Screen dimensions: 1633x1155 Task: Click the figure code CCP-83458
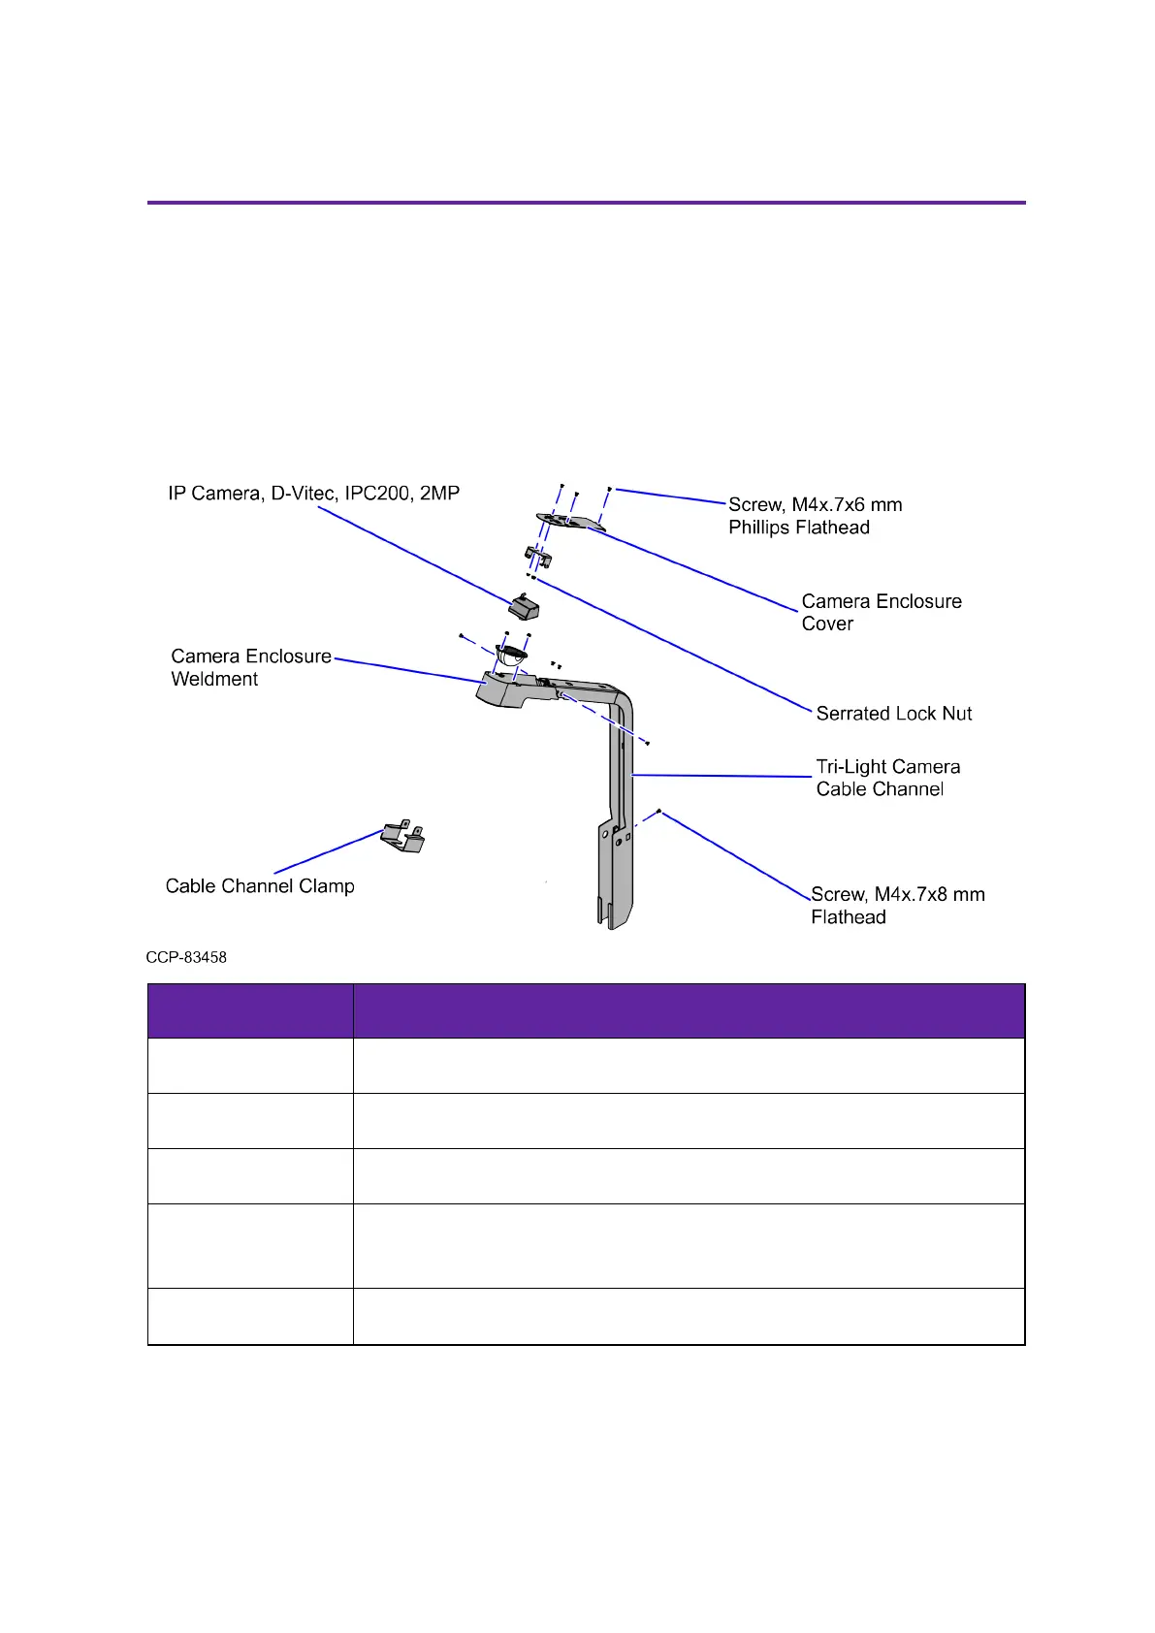pyautogui.click(x=186, y=957)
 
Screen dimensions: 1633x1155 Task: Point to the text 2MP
pyautogui.click(x=439, y=494)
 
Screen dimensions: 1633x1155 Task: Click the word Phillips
pyautogui.click(x=761, y=528)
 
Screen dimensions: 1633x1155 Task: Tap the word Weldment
pyautogui.click(x=214, y=680)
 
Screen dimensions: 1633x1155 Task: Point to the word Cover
pyautogui.click(x=827, y=624)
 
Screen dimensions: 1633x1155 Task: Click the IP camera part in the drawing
pyautogui.click(x=525, y=608)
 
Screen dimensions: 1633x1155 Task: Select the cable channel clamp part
pyautogui.click(x=403, y=837)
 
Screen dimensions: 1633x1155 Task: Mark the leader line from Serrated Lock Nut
pyautogui.click(x=669, y=644)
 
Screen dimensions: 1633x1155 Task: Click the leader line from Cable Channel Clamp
pyautogui.click(x=330, y=851)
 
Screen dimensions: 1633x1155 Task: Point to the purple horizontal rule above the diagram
pyautogui.click(x=586, y=203)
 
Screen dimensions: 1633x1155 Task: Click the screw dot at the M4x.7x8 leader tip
pyautogui.click(x=659, y=811)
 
